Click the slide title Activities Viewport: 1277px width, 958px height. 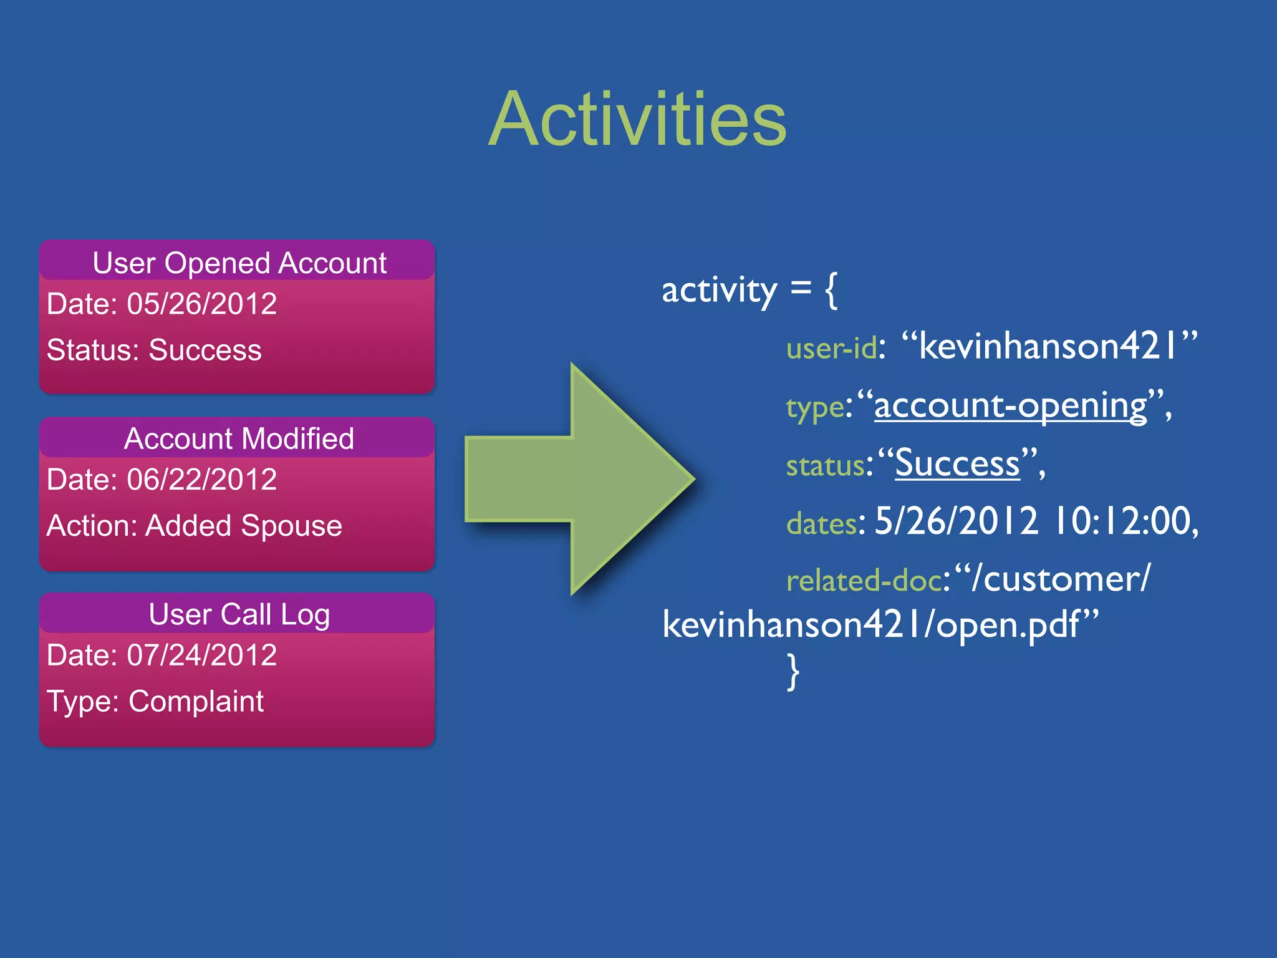click(637, 120)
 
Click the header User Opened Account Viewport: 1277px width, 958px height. click(239, 263)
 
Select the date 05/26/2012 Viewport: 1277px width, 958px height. click(201, 304)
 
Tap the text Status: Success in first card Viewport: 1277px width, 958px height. click(154, 350)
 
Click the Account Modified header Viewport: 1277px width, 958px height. click(239, 438)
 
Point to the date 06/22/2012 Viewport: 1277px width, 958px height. click(201, 480)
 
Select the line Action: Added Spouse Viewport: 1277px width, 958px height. click(194, 526)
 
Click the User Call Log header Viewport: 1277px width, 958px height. click(239, 615)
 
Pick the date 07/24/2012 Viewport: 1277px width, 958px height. click(201, 656)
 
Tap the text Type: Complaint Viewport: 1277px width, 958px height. click(155, 702)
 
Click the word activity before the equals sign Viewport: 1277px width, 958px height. click(719, 291)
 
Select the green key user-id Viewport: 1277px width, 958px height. click(831, 348)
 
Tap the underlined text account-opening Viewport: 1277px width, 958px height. click(1010, 406)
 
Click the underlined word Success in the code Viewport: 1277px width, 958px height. click(957, 464)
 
